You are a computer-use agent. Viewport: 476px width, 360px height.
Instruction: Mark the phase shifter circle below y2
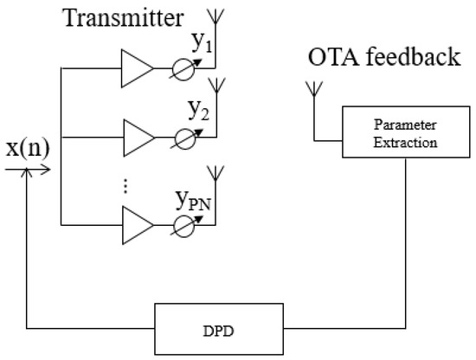point(182,136)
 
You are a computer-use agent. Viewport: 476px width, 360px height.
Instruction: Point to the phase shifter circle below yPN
point(182,225)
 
